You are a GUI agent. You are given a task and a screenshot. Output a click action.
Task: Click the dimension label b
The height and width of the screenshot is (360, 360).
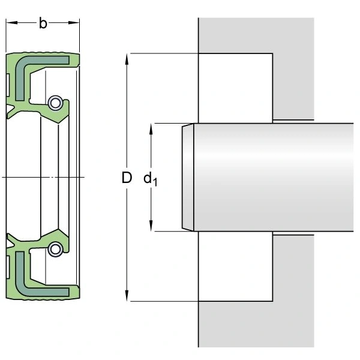(43, 23)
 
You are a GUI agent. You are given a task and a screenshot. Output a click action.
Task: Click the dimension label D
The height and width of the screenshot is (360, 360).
(127, 178)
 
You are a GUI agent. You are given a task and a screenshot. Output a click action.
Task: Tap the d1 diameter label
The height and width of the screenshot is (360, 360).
(151, 179)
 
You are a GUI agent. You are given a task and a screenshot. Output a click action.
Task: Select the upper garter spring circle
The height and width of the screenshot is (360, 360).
(55, 103)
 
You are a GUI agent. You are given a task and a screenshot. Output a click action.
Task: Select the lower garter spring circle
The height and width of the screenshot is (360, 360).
(55, 250)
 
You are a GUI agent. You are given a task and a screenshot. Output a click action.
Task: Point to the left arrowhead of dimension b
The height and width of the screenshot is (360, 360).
(11, 23)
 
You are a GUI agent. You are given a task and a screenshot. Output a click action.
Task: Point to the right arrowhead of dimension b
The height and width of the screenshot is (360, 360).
(74, 23)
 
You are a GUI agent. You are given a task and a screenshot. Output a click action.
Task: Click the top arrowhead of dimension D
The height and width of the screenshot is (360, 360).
(127, 59)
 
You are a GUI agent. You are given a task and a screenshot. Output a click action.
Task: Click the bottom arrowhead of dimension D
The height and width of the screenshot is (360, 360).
(127, 295)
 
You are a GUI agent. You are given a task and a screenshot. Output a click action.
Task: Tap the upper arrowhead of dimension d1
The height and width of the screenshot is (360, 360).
(151, 129)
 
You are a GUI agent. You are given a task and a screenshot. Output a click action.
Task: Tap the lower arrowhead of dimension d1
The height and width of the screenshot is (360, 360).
(151, 226)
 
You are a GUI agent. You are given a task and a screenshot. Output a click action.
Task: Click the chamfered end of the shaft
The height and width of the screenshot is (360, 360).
(188, 177)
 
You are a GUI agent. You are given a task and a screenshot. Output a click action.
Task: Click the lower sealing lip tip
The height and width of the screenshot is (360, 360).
(58, 229)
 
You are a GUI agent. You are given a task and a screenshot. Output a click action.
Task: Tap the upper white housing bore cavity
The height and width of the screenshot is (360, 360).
(236, 88)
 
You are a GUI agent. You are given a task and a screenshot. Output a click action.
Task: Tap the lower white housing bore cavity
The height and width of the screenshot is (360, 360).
(236, 266)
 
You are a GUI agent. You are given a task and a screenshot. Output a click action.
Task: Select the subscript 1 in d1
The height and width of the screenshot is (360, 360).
(155, 182)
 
